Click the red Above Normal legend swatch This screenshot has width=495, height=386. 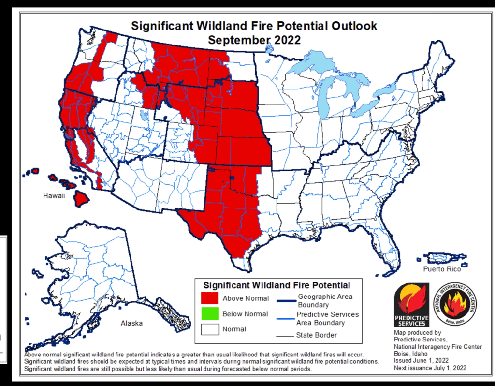point(209,298)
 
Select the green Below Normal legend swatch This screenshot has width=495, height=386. point(209,313)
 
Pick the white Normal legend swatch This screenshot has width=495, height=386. point(209,329)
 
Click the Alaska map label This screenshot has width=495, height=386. point(131,323)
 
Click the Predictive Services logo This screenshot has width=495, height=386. point(411,305)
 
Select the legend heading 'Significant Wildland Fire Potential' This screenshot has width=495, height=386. point(277,285)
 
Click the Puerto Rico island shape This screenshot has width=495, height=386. point(441,256)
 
